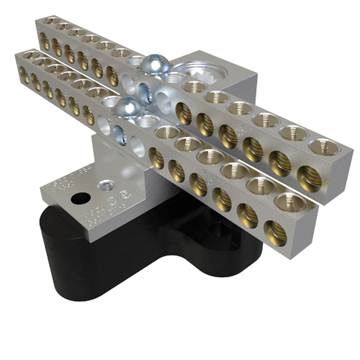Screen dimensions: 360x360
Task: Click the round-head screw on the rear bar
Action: click(x=153, y=67)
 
